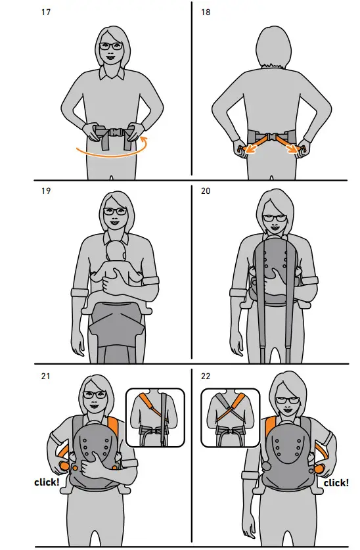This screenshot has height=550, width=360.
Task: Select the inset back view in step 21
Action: click(x=154, y=416)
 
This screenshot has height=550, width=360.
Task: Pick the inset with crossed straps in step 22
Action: click(x=230, y=416)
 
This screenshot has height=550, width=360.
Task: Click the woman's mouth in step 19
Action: click(x=114, y=224)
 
